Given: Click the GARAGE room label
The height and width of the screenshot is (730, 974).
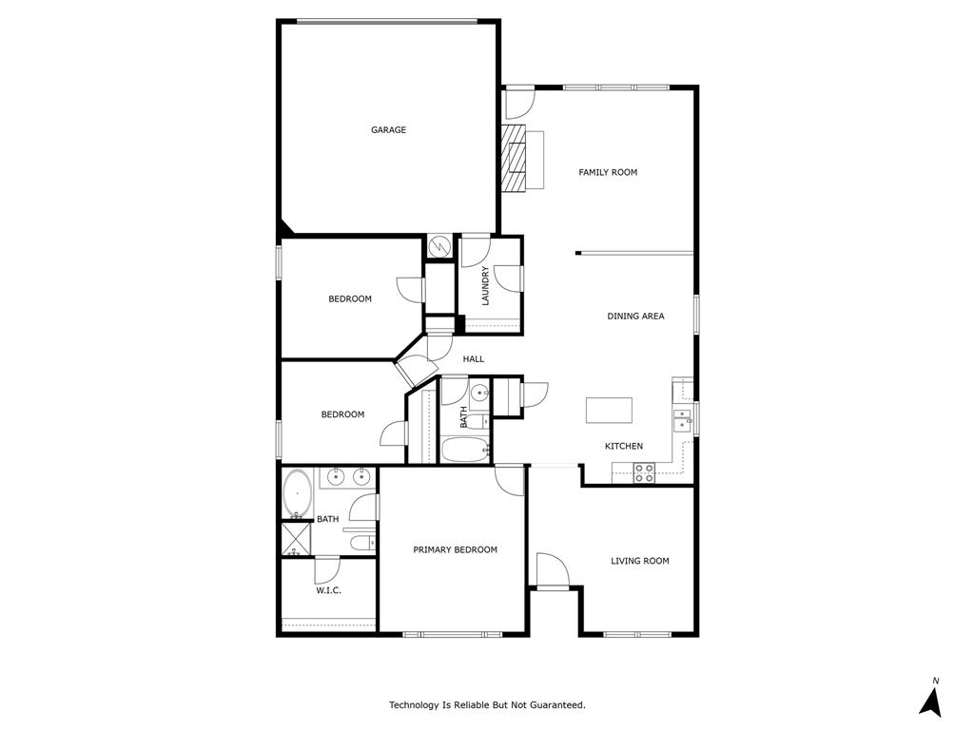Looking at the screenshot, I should pos(388,130).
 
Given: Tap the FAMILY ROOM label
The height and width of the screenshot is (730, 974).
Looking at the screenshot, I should pos(608,172).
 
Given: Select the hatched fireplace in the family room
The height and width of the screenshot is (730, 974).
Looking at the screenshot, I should pos(514,157).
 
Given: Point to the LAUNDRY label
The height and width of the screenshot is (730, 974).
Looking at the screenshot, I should pos(485,285).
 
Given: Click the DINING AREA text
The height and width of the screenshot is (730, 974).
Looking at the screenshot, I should pos(635,316).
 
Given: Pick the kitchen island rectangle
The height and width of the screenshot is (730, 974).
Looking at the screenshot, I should pos(608,411).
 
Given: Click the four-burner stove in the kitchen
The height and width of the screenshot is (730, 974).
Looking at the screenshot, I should pos(644,472).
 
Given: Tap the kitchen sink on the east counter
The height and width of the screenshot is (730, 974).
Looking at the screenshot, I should pos(683,419).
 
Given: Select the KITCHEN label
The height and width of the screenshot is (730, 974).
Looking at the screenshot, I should pos(624,446).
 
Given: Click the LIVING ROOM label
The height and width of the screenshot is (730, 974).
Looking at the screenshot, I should pos(639,561).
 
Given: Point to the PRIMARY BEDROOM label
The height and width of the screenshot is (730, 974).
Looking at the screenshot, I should pos(455,549).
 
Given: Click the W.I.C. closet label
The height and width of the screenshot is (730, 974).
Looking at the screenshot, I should pos(328,590).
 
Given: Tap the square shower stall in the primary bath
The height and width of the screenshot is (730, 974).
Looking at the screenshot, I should pos(295,539).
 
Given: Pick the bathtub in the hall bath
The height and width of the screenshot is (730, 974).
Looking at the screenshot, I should pos(465,450).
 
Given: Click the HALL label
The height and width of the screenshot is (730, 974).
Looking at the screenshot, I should pos(474,359).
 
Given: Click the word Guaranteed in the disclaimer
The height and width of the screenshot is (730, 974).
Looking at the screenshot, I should pos(555,705).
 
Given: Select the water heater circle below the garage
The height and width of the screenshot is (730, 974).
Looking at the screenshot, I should pos(439,246).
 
